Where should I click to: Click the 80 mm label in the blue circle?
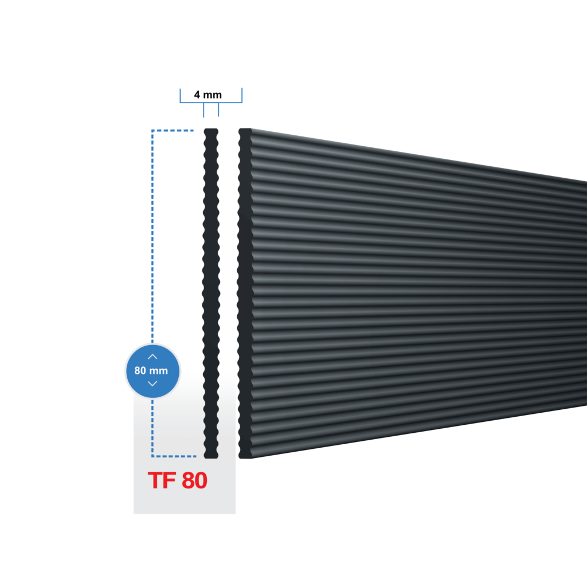pos(151,371)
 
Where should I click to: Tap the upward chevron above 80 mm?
pos(152,357)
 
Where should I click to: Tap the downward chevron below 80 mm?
pos(152,383)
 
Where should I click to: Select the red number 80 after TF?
pos(194,480)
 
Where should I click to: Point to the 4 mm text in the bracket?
pos(207,95)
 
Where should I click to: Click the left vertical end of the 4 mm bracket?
pos(180,95)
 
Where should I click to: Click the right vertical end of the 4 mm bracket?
pos(242,95)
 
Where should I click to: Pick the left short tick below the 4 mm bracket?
pos(204,110)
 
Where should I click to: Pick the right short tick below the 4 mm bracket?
pos(218,110)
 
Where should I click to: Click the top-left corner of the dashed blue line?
pos(152,131)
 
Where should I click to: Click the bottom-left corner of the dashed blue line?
pos(152,456)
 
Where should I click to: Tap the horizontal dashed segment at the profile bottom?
pos(174,456)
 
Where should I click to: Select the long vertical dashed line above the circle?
pos(152,235)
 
